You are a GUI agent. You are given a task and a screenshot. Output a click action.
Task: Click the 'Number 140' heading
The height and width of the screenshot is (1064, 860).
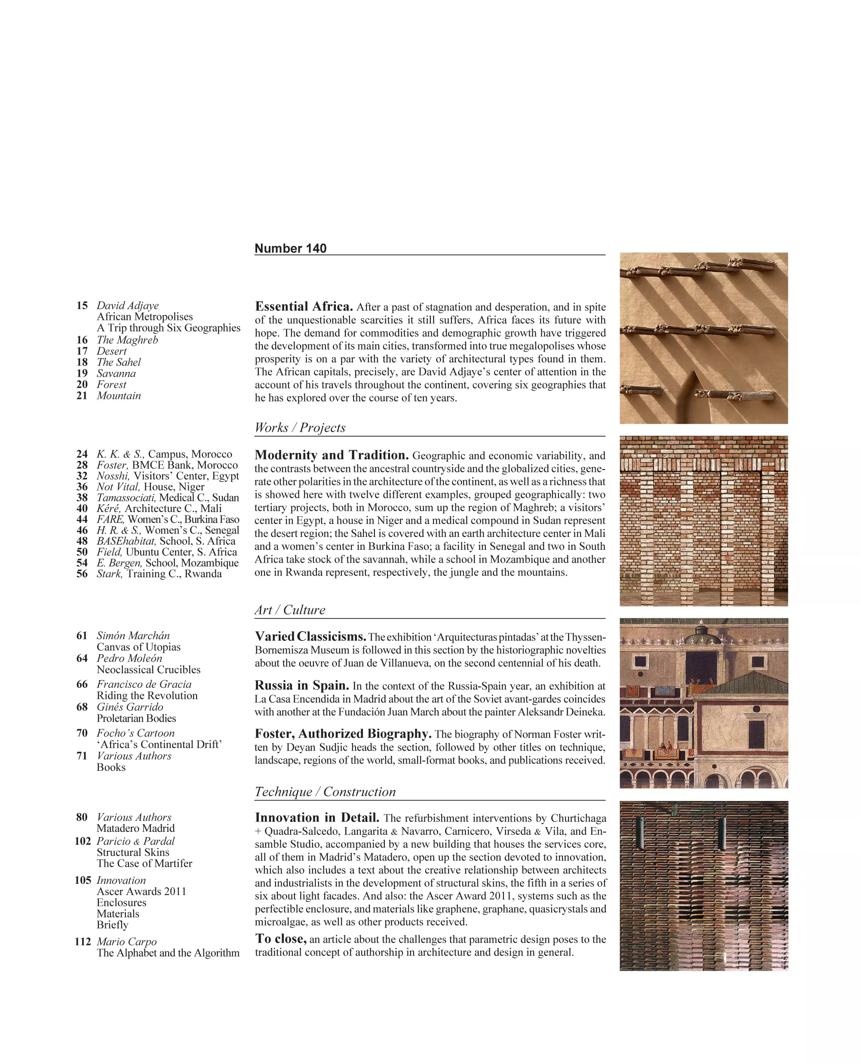[x=290, y=248]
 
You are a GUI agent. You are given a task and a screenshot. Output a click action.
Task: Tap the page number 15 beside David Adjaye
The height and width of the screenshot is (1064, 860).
[x=82, y=306]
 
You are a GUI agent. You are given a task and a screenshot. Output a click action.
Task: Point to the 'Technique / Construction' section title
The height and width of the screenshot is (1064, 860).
[x=325, y=791]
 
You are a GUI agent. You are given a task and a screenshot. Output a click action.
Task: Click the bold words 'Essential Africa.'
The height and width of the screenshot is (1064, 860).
[x=304, y=307]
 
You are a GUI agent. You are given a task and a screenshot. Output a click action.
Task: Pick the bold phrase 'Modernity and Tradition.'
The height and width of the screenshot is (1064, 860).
[x=332, y=455]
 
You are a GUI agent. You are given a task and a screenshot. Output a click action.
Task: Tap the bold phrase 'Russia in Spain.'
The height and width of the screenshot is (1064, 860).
[x=302, y=686]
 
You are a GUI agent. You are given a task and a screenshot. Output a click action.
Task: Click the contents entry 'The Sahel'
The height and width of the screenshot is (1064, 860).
[x=118, y=362]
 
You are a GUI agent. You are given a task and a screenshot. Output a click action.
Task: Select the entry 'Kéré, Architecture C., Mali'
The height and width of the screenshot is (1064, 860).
[x=159, y=508]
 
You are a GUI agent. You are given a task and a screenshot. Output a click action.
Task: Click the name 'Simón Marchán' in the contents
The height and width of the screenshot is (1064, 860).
[x=133, y=635]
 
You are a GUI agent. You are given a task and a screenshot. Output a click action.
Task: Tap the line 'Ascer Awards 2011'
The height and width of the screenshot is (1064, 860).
[x=141, y=891]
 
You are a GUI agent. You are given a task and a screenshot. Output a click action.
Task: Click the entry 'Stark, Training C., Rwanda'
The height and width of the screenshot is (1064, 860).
[x=159, y=573]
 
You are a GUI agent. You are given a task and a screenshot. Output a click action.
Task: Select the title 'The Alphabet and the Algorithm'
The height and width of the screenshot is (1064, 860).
[x=168, y=953]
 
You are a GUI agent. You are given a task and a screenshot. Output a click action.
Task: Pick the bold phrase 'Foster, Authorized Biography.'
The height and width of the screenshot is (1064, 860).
[x=343, y=733]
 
